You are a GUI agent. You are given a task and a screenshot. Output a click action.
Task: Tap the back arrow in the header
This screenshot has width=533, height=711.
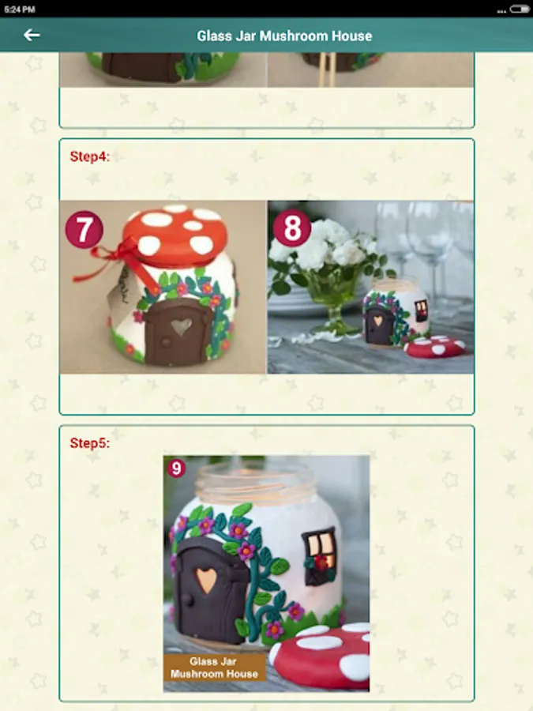pyautogui.click(x=32, y=35)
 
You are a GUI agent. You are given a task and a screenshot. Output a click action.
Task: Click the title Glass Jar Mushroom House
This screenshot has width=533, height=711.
pyautogui.click(x=284, y=36)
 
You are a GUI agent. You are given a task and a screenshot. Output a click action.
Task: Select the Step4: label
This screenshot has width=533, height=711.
pyautogui.click(x=90, y=156)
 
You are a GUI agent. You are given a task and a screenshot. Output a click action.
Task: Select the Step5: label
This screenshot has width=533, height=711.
pyautogui.click(x=90, y=443)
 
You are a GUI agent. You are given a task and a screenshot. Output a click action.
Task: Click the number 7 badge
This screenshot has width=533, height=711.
pyautogui.click(x=84, y=229)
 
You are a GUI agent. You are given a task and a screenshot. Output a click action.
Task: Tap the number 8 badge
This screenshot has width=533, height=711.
pyautogui.click(x=292, y=228)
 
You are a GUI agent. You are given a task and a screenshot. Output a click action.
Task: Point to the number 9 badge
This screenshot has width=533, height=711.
pyautogui.click(x=176, y=468)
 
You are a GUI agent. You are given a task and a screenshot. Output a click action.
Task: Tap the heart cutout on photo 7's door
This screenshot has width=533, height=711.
pyautogui.click(x=182, y=326)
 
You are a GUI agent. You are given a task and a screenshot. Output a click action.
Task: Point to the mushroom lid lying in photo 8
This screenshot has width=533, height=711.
pyautogui.click(x=434, y=347)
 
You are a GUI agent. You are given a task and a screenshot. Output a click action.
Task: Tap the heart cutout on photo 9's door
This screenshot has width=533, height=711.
pyautogui.click(x=206, y=580)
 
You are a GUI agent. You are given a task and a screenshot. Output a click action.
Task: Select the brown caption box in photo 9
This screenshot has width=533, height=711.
pyautogui.click(x=214, y=668)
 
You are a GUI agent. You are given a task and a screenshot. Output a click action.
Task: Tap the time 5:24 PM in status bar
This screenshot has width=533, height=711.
pyautogui.click(x=20, y=9)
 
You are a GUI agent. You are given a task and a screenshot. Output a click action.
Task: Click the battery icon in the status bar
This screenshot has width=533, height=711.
pyautogui.click(x=519, y=9)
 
